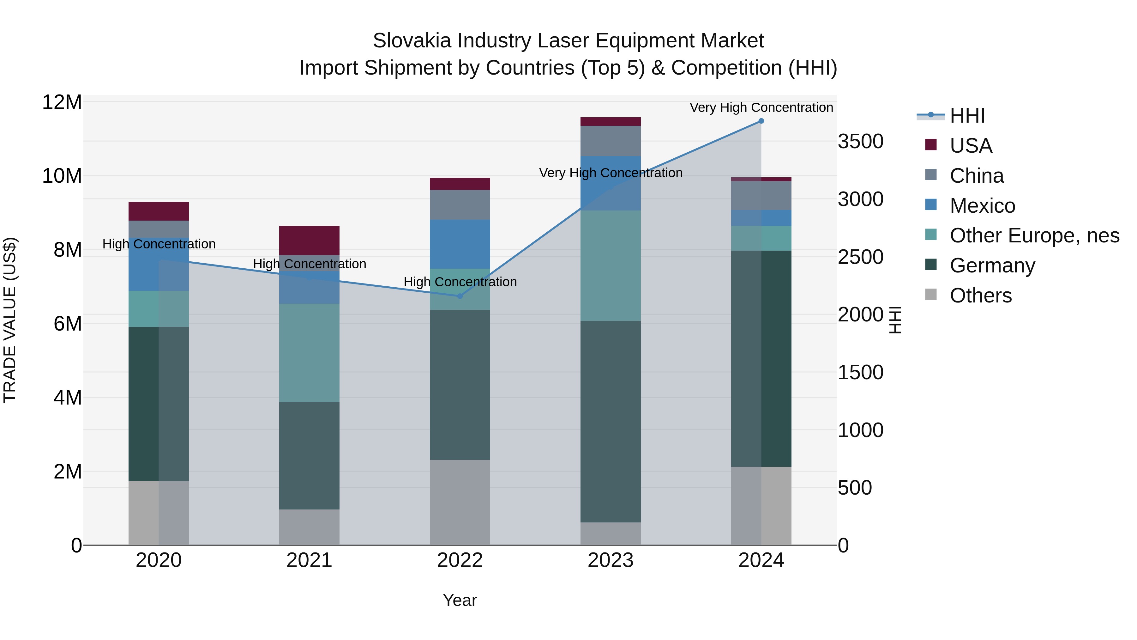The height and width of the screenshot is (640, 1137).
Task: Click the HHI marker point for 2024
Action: [x=761, y=121]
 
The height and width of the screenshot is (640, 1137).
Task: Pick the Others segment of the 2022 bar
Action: [x=460, y=502]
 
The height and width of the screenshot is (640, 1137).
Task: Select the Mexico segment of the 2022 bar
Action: [x=460, y=244]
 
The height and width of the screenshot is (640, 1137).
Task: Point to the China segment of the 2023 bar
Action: [x=611, y=141]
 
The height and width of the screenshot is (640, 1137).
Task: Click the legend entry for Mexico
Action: [x=982, y=206]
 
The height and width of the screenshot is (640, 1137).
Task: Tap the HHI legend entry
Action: [x=967, y=116]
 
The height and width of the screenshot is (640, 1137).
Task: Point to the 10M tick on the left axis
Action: [x=62, y=176]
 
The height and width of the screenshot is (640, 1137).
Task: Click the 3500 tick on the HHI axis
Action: [x=860, y=142]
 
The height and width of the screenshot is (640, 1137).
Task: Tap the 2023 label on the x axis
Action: [x=611, y=560]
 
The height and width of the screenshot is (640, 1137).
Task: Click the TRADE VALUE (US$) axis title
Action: [x=10, y=320]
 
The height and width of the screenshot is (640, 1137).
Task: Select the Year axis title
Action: [x=460, y=600]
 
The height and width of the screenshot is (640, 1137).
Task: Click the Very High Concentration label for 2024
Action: [x=761, y=107]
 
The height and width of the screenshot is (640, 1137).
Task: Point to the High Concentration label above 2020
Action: [x=159, y=244]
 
